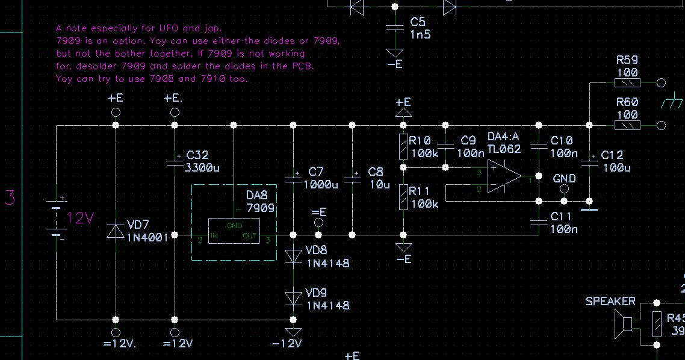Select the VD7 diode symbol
pos(116,231)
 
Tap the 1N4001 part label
pos(147,237)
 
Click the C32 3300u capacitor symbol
pos(175,161)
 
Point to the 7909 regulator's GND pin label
pos(234,226)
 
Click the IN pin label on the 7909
pos(214,236)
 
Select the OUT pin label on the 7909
pos(250,236)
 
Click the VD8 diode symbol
pos(293,255)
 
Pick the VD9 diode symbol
pos(293,298)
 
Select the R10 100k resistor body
pos(403,146)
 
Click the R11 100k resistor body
pos(403,197)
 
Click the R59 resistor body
pos(627,83)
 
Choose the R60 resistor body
pos(627,125)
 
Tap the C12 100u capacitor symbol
pos(590,160)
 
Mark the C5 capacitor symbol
pos(395,27)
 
